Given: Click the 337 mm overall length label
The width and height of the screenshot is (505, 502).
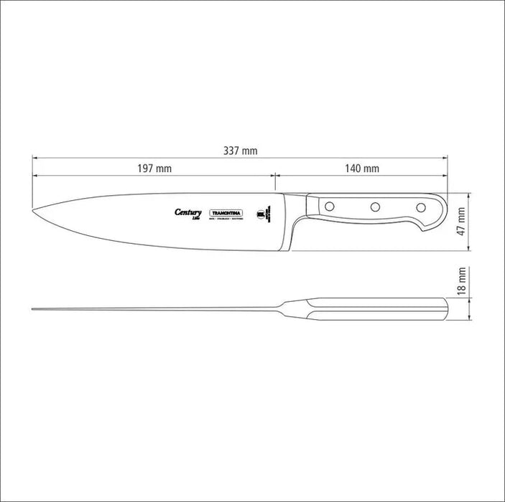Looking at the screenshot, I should coord(240,151).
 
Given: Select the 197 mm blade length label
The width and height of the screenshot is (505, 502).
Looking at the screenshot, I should coord(154,169).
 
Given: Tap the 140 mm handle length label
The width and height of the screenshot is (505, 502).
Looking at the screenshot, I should coord(361,169).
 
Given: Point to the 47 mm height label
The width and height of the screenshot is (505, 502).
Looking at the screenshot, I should coord(463,222).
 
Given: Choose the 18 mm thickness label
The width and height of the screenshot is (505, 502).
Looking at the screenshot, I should coord(463,281).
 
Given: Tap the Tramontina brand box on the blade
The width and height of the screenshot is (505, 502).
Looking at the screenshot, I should coord(227,213).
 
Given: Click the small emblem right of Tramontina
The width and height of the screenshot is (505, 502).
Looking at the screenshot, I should coord(264,212).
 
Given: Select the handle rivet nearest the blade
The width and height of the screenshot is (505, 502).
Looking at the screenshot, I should coord(330,207).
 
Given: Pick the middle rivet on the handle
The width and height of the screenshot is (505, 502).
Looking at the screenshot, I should coord(375,207).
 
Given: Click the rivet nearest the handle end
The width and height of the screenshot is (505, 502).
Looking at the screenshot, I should coord(421,207).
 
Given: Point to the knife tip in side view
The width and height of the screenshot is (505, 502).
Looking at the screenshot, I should coord(34,209).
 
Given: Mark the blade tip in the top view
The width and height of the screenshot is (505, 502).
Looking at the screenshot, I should coord(34,310).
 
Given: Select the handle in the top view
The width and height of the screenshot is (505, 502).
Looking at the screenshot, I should coord(377,310).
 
